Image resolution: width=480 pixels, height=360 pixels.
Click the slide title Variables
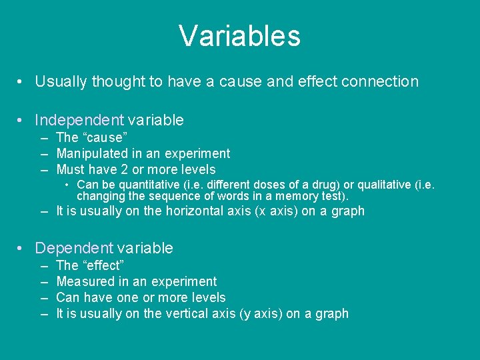pos(239,36)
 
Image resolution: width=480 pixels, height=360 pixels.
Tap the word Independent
pos(79,121)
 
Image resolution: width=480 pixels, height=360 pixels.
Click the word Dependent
pos(73,249)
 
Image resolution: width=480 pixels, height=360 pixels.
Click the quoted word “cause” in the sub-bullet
pos(103,138)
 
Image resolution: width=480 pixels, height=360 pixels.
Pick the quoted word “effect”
pos(101,266)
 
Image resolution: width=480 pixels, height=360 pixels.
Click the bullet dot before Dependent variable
pos(22,249)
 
